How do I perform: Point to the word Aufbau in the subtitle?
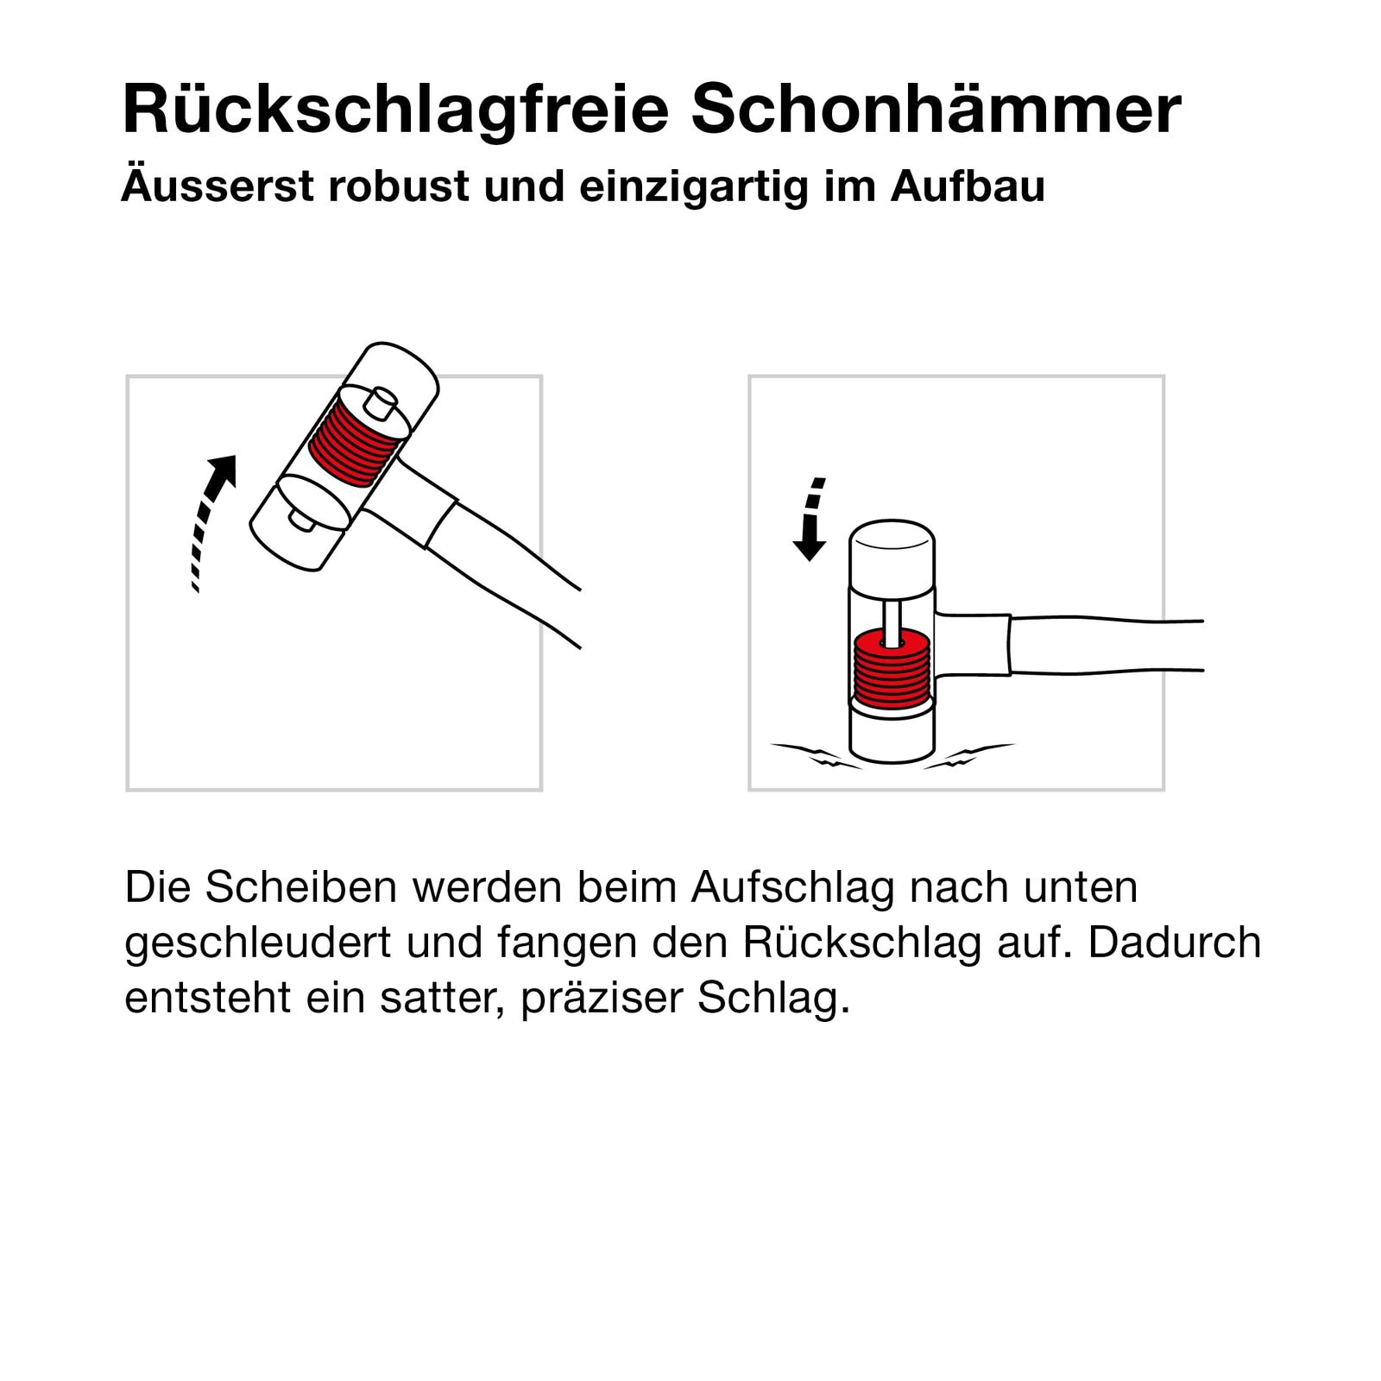(968, 186)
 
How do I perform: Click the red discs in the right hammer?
(892, 671)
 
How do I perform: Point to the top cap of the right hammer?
(892, 552)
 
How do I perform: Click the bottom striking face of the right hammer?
(892, 732)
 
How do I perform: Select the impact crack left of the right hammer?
(816, 755)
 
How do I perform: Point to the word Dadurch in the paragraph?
(1174, 943)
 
